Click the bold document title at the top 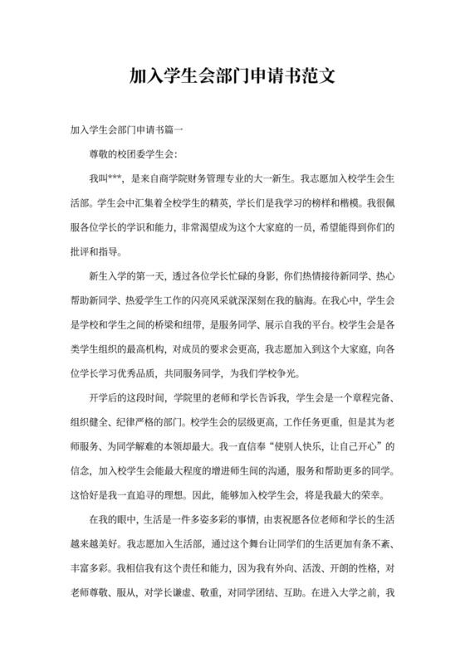(232, 77)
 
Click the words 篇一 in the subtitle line (183, 130)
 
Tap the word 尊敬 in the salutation (100, 153)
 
